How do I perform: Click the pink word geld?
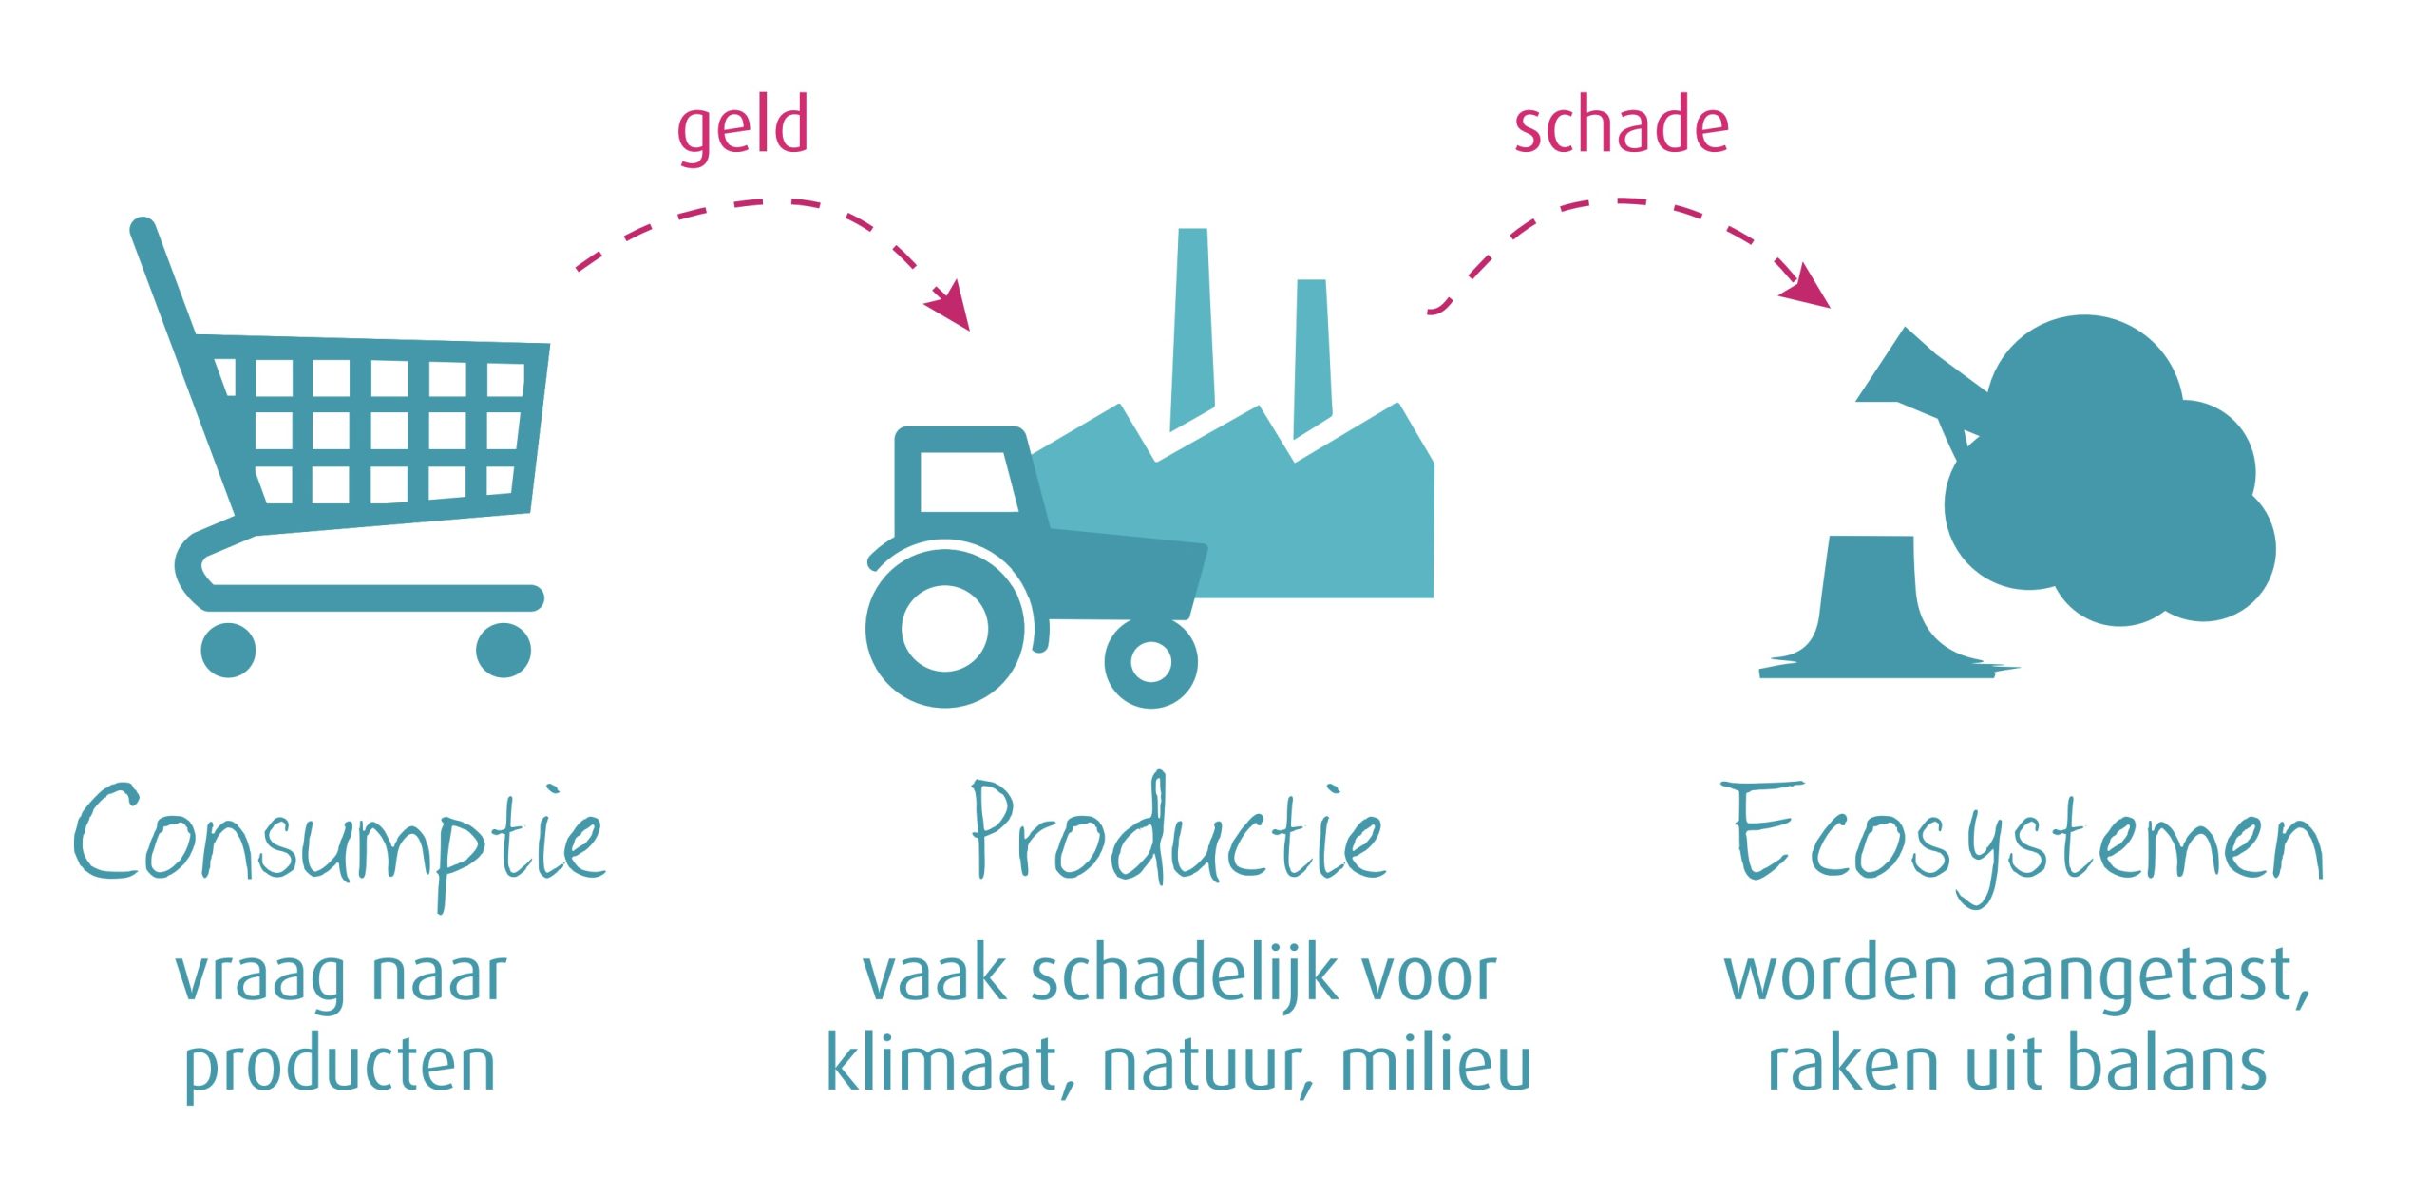click(743, 128)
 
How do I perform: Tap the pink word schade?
click(1621, 124)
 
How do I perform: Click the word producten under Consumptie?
click(340, 1068)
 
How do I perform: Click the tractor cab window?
click(967, 482)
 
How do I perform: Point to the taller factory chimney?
click(1192, 329)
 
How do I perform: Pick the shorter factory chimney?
click(1312, 357)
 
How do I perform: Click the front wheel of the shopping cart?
click(503, 650)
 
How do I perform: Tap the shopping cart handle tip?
click(142, 230)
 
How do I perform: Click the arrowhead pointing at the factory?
click(949, 304)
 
